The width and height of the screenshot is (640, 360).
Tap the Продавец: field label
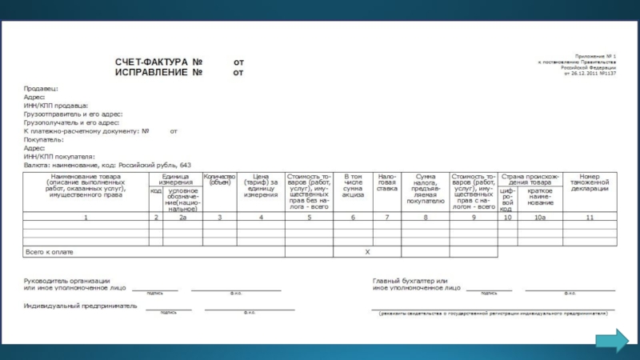point(41,89)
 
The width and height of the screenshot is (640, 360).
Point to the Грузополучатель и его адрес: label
point(72,122)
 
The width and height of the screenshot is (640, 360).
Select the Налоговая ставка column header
point(387,182)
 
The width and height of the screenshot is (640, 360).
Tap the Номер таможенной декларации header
point(590,182)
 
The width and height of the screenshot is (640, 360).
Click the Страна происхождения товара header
point(531,179)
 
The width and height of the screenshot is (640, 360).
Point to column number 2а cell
point(182,218)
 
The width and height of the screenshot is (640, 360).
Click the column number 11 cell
point(590,218)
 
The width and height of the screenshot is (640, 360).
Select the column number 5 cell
point(308,218)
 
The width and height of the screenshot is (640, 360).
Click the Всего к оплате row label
point(50,252)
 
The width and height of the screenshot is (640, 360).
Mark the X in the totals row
point(367,252)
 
